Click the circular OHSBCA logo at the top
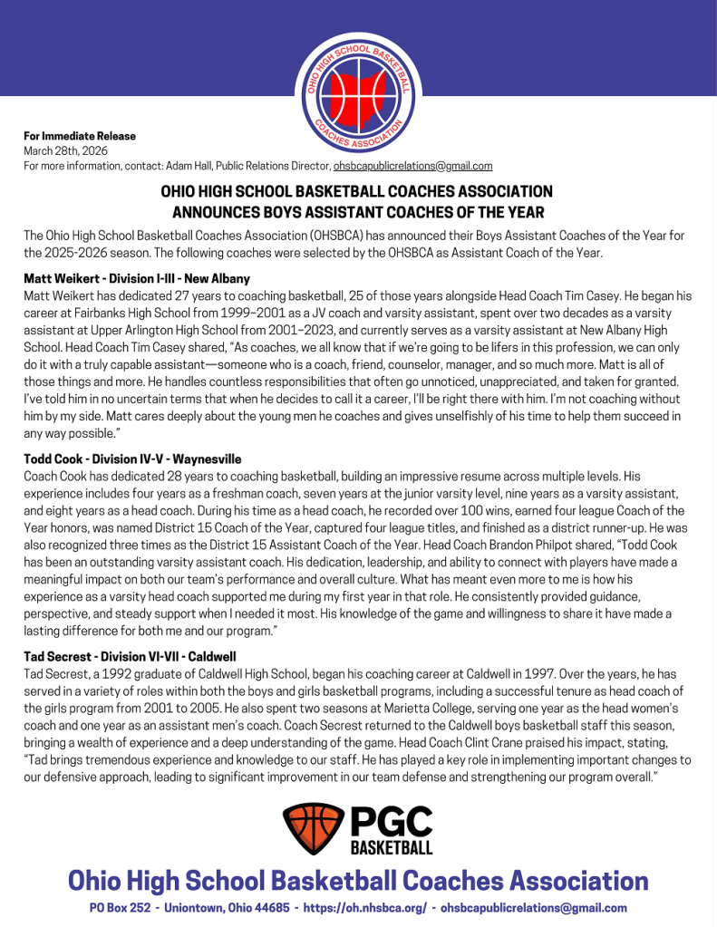pos(358,93)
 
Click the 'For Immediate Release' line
pos(80,136)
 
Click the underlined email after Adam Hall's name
pos(412,166)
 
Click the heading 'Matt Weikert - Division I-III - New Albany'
pos(137,278)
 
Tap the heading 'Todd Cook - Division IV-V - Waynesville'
pos(132,459)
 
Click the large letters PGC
pos(391,822)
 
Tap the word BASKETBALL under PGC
pos(391,849)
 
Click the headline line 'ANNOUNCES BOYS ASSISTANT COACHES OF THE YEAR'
pos(358,212)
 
